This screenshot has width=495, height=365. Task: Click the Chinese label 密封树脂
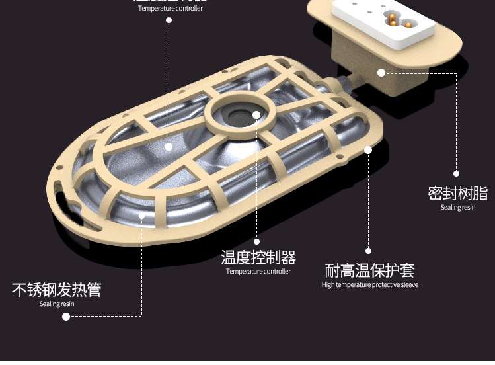pyautogui.click(x=457, y=194)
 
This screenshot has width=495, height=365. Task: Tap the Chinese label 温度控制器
pyautogui.click(x=258, y=257)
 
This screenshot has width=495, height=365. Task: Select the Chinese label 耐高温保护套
pyautogui.click(x=370, y=270)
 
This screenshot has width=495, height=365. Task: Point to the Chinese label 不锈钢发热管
pyautogui.click(x=57, y=290)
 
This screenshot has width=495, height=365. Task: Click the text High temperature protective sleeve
pyautogui.click(x=370, y=285)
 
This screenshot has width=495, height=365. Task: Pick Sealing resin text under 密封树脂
pyautogui.click(x=457, y=208)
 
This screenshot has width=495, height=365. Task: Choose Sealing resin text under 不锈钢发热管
pyautogui.click(x=57, y=304)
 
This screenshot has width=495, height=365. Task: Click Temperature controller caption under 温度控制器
pyautogui.click(x=258, y=271)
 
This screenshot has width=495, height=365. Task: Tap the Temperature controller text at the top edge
pyautogui.click(x=171, y=9)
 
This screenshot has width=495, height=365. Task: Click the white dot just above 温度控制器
pyautogui.click(x=257, y=241)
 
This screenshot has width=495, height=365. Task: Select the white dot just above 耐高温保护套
pyautogui.click(x=369, y=251)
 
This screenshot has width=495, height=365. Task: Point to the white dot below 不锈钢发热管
pyautogui.click(x=66, y=317)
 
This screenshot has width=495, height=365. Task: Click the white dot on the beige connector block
pyautogui.click(x=381, y=73)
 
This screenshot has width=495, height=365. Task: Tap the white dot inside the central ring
pyautogui.click(x=256, y=114)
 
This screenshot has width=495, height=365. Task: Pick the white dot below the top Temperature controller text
pyautogui.click(x=169, y=20)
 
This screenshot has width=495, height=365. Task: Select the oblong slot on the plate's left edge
pyautogui.click(x=61, y=200)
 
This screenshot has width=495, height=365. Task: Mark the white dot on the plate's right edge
pyautogui.click(x=368, y=150)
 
